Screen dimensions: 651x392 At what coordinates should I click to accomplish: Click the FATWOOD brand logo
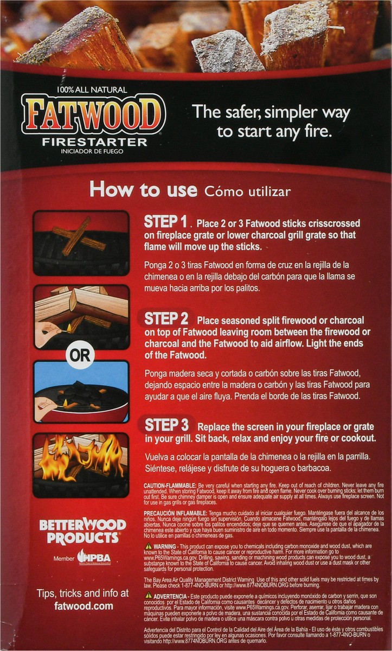tap(93, 114)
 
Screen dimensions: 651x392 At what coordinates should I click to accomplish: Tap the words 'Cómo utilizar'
tap(247, 191)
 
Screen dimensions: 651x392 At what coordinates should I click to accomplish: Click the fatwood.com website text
tap(83, 605)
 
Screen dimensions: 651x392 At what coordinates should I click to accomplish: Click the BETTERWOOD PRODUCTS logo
tap(82, 531)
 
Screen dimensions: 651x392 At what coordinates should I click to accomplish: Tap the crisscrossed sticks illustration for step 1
tap(81, 242)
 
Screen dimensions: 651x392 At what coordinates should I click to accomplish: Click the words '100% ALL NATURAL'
tap(91, 90)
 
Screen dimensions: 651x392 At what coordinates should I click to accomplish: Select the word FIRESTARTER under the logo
tap(94, 142)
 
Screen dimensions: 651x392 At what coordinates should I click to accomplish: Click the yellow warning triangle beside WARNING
tap(148, 546)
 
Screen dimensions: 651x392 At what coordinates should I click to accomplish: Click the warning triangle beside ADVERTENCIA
tap(148, 596)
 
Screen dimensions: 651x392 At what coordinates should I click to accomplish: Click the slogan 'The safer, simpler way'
tap(271, 112)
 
